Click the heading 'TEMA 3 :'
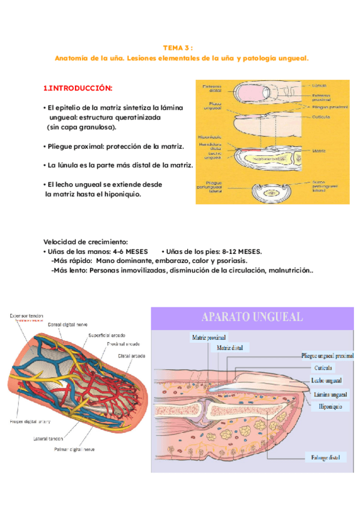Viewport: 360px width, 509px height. click(x=179, y=47)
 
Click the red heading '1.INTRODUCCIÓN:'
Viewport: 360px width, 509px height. click(x=77, y=88)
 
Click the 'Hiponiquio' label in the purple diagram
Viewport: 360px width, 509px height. click(x=327, y=406)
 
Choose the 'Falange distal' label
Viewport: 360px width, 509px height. click(x=326, y=457)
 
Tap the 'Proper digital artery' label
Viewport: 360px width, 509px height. click(x=26, y=421)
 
